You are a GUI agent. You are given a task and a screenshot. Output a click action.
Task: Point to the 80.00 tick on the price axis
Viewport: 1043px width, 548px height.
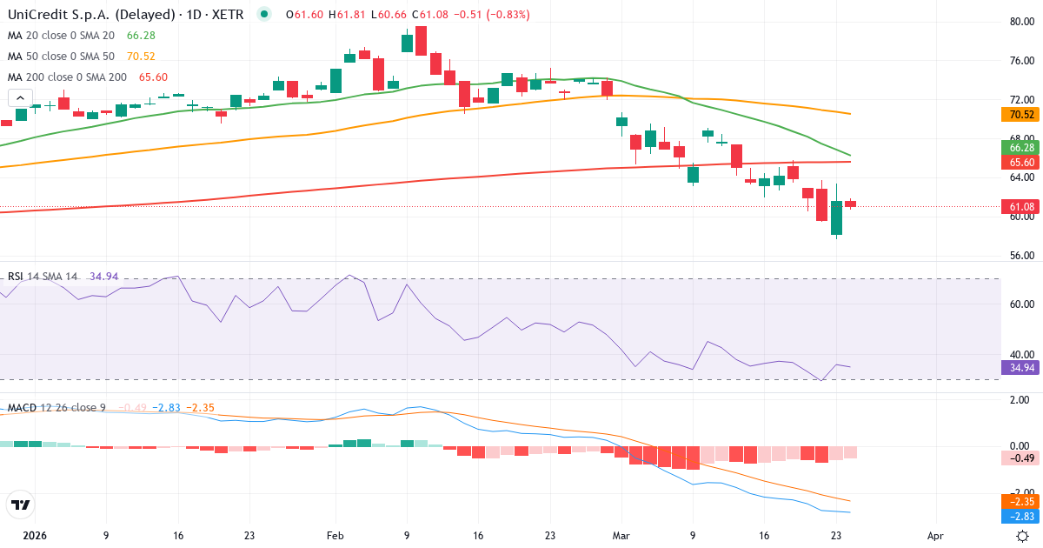point(1020,22)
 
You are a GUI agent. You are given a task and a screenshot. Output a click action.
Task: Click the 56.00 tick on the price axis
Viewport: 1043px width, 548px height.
point(1020,256)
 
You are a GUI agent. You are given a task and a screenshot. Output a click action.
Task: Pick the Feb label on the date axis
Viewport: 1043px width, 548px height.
point(335,537)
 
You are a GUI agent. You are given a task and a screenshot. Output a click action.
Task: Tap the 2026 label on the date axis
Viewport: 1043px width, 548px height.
point(35,537)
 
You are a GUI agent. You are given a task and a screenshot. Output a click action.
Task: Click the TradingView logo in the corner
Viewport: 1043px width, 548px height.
point(20,505)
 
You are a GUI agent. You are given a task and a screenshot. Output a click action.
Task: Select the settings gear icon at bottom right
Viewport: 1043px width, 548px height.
point(1023,537)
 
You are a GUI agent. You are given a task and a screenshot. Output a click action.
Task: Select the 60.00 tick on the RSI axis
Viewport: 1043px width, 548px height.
point(1020,304)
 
